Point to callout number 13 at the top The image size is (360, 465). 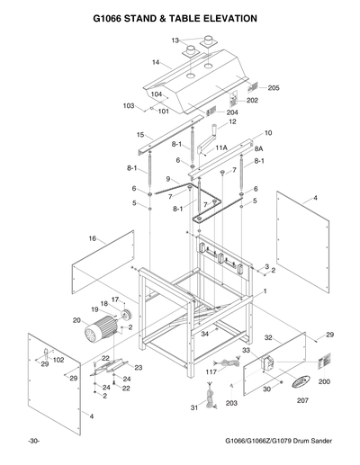coord(176,40)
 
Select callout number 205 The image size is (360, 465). coord(274,88)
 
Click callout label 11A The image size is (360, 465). coord(220,146)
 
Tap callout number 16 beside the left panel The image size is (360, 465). coord(92,238)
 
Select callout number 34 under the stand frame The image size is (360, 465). coord(205,334)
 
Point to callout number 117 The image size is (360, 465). coord(211,371)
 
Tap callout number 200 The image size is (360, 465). coord(325,381)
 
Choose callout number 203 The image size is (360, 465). coord(231,404)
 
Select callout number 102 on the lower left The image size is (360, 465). coord(59,360)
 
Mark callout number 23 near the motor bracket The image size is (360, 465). coord(138,367)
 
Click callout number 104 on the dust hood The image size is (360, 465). coord(156,94)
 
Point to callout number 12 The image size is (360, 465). coord(231,121)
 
